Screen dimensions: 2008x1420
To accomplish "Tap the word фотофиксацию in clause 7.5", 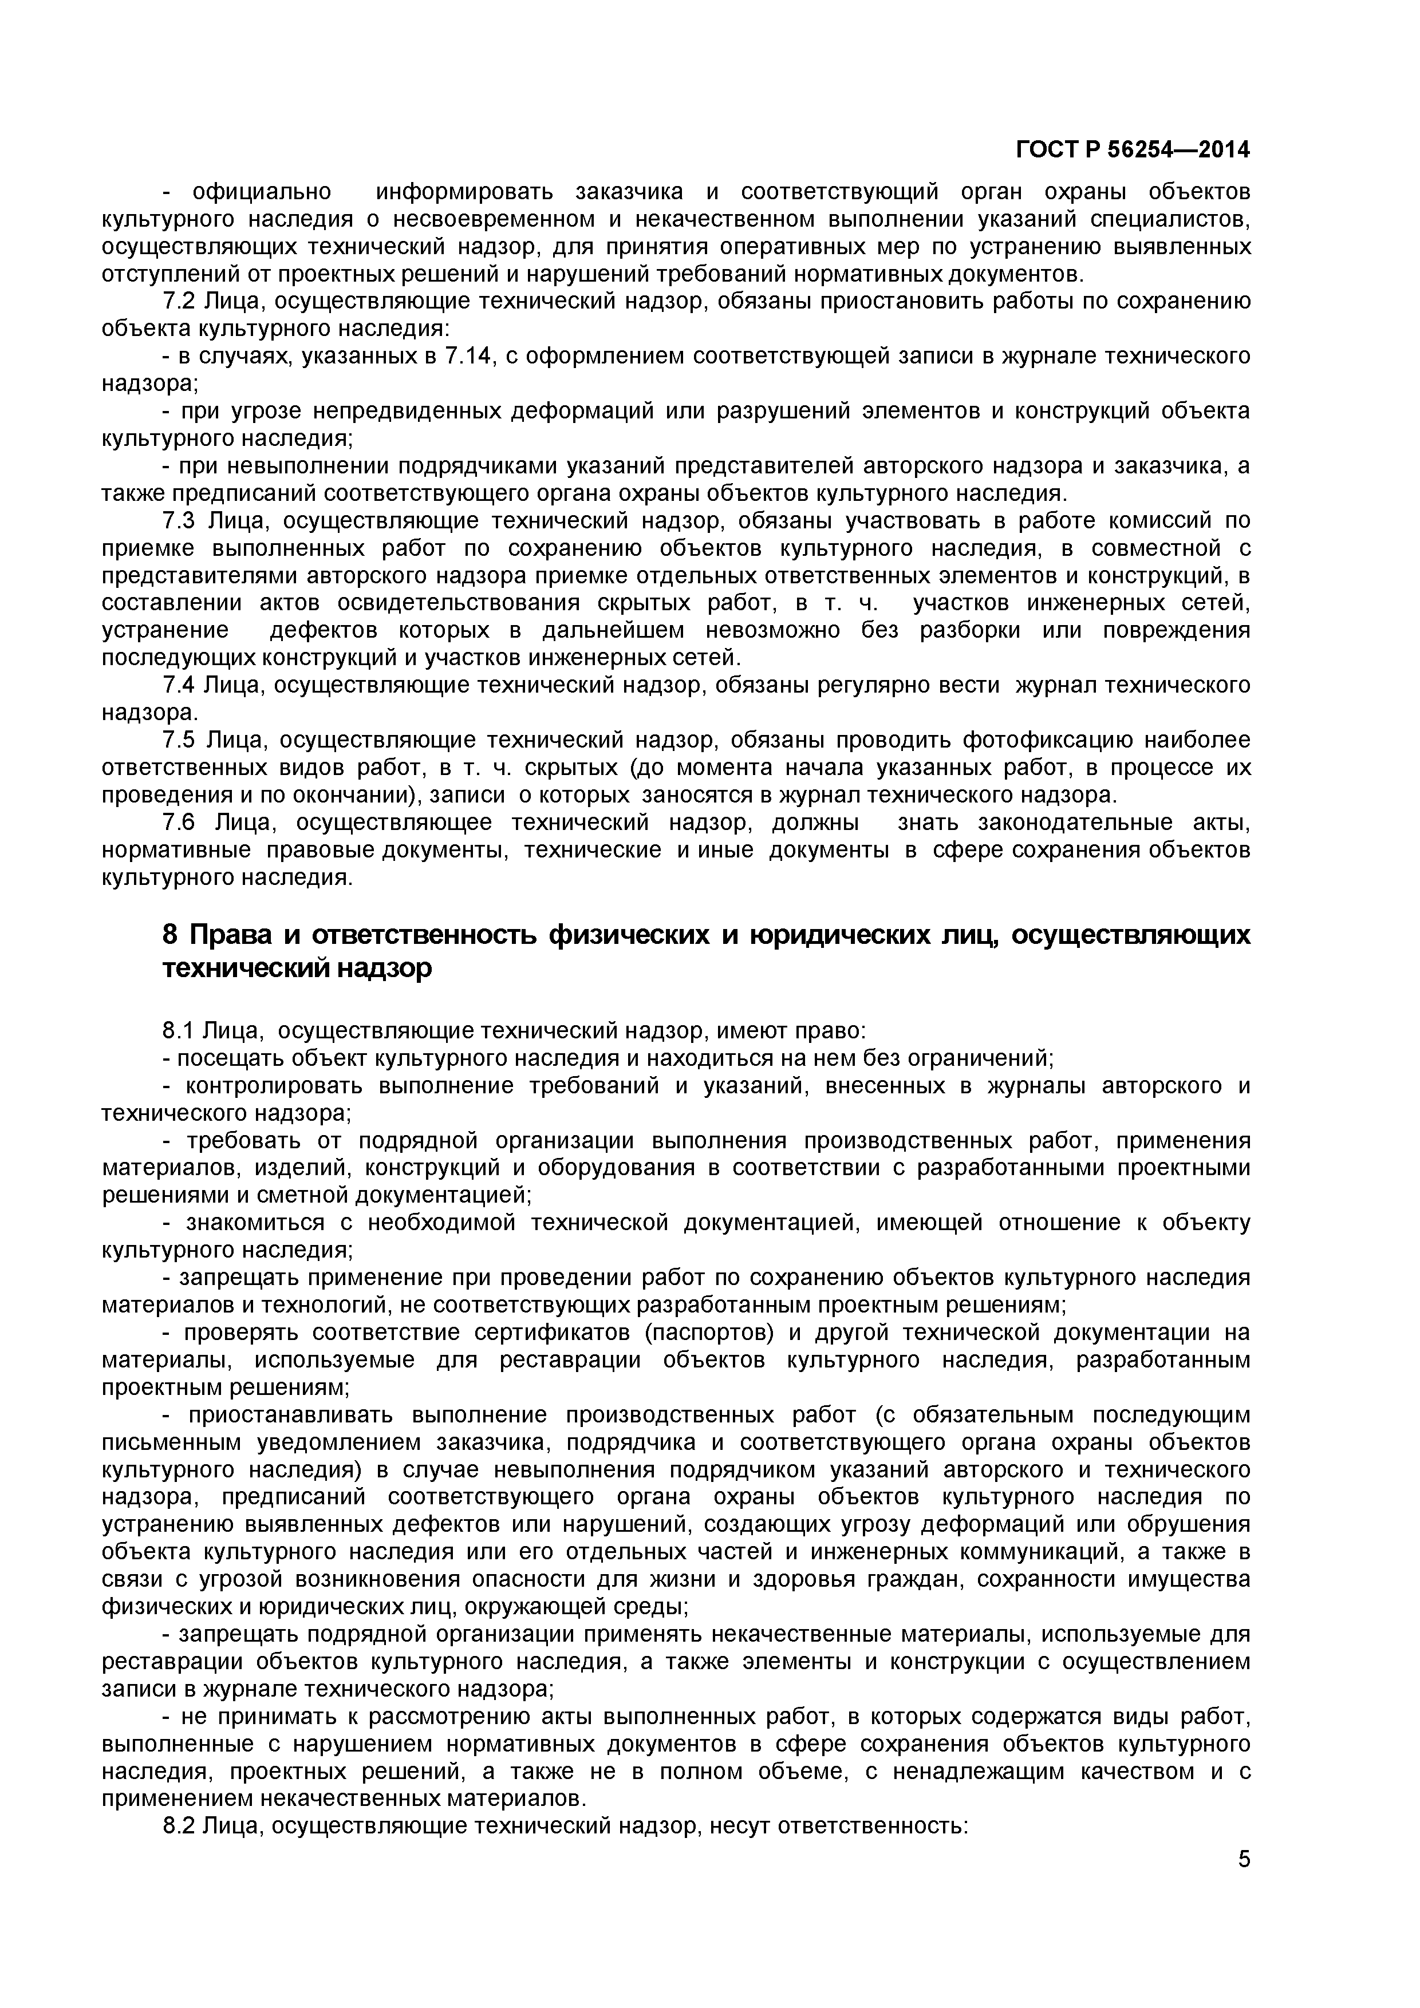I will tap(1047, 741).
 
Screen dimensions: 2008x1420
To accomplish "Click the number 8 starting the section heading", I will tap(171, 935).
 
